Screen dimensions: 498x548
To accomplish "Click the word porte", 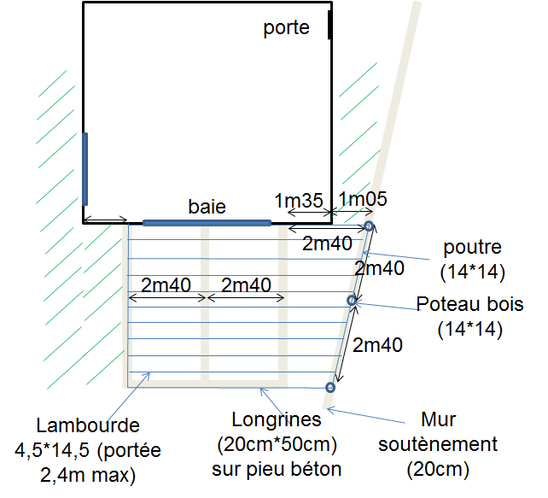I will point(286,28).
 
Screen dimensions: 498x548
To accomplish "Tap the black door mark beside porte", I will point(329,25).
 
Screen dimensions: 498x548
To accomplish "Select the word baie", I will point(207,207).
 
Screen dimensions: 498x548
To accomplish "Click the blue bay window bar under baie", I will point(207,223).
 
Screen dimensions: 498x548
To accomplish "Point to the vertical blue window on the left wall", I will point(85,168).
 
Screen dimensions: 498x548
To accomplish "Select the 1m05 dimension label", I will point(364,200).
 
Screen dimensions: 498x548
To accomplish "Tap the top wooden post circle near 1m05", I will point(369,226).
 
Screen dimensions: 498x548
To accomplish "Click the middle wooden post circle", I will point(351,300).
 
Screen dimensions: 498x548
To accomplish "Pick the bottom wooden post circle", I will point(330,388).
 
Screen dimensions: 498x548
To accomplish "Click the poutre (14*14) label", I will point(474,260).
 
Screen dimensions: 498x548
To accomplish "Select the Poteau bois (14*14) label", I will point(469,316).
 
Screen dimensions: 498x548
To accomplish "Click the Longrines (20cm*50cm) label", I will point(277,444).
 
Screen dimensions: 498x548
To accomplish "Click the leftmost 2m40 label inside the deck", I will point(166,284).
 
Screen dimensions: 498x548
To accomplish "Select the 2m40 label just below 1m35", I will point(328,243).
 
